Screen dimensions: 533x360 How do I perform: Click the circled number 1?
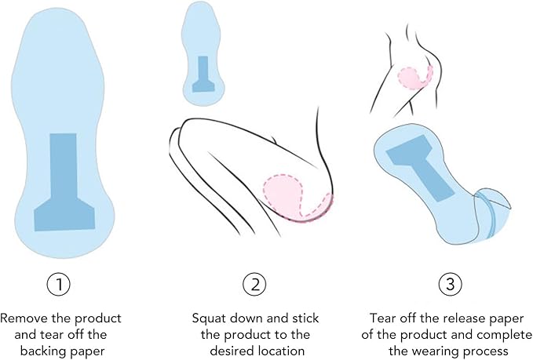coord(59,284)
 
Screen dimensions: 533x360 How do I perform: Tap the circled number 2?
coord(254,284)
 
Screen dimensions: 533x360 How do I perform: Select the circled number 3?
coord(451,284)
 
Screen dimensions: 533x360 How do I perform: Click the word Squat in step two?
coord(210,318)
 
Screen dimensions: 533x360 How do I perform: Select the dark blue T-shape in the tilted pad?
coord(420,167)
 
